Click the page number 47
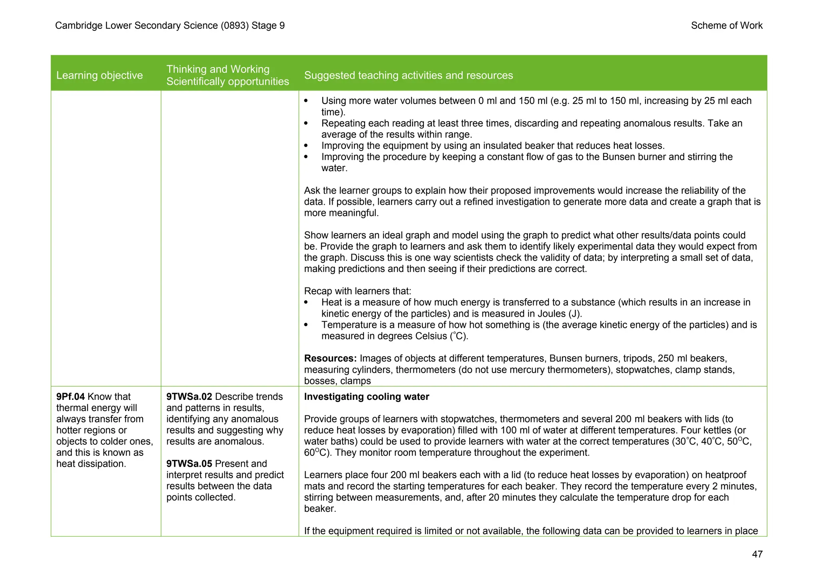pos(757,554)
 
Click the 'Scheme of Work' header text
pos(727,26)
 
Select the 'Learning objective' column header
pos(99,75)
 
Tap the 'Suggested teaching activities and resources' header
pos(408,75)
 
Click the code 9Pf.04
pos(70,397)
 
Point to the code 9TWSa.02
pos(189,397)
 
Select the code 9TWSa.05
pos(189,464)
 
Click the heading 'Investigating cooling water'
pos(366,397)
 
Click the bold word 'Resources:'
pos(330,358)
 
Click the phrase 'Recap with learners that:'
pos(357,291)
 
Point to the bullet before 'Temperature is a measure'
pos(306,325)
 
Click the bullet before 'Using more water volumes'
pos(306,101)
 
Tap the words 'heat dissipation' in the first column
pos(91,464)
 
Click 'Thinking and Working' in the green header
pos(218,69)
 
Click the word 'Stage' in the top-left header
pos(264,26)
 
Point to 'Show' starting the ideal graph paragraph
pos(316,235)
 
